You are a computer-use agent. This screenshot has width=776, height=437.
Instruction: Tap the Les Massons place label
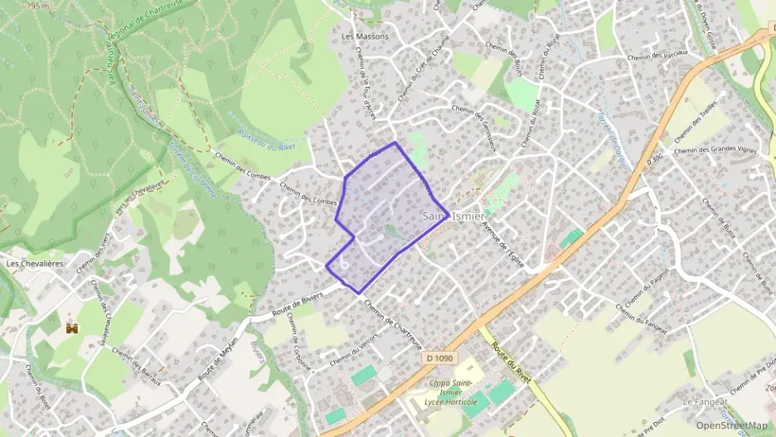365,36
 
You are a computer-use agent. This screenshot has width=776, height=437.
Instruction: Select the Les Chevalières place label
35,264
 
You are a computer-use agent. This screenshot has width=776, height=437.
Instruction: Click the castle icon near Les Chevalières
72,328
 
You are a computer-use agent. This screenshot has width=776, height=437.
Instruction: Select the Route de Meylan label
219,357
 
